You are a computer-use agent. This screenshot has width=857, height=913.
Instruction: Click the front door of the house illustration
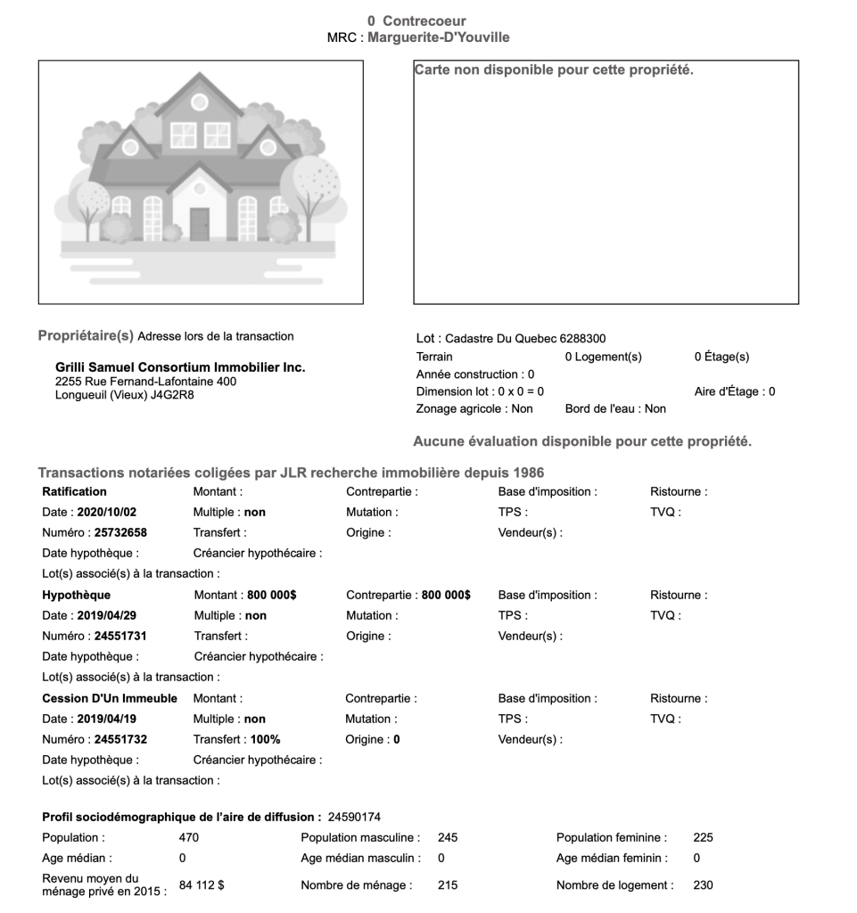coord(199,225)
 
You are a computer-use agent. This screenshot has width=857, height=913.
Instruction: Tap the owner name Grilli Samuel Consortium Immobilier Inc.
coord(180,367)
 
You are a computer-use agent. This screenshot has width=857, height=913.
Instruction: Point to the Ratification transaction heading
coord(74,491)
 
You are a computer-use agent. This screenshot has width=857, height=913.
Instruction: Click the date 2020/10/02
coord(107,513)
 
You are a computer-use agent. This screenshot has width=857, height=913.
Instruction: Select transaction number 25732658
coord(120,533)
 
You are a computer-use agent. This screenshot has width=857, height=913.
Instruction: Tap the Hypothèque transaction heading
coord(76,595)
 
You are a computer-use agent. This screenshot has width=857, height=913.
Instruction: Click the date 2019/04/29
coord(107,616)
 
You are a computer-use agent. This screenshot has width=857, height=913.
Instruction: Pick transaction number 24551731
coord(120,637)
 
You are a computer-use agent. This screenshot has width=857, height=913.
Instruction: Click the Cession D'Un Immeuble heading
coord(110,698)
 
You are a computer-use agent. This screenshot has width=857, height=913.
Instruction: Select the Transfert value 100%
coord(265,740)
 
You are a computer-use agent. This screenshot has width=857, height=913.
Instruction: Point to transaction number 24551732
coord(120,740)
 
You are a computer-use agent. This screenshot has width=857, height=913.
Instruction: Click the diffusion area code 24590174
coord(355,817)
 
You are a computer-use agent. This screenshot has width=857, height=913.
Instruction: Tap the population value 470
coord(189,838)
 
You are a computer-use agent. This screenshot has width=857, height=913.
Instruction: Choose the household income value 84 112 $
coord(202,884)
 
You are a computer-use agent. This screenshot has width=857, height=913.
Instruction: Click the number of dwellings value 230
coord(703,885)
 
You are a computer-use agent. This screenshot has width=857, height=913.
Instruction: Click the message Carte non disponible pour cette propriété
coord(554,70)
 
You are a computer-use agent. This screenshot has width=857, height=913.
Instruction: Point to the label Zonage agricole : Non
coord(474,408)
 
